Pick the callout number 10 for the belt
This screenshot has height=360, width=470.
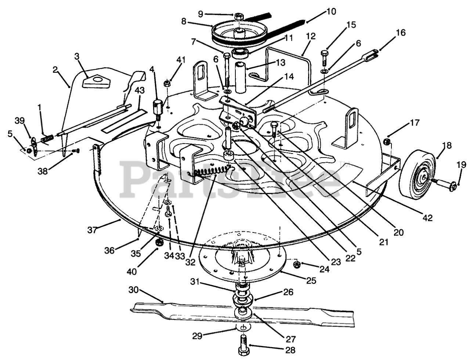point(330,12)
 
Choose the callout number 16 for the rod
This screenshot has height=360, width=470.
point(401,33)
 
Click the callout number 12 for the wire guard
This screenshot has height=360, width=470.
point(311,36)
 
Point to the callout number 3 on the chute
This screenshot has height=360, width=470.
point(76,56)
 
